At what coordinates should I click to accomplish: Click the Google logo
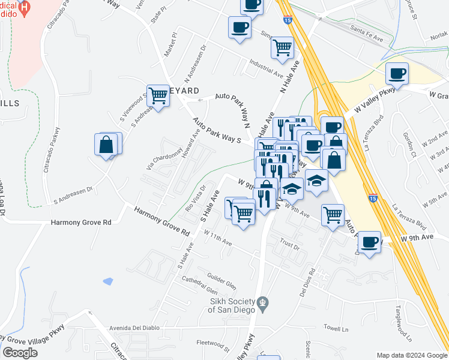[x=20, y=353]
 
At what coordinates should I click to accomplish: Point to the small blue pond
[x=108, y=280]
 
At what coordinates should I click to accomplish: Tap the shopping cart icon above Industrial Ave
[x=282, y=47]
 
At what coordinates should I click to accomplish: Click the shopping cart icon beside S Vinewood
[x=157, y=95]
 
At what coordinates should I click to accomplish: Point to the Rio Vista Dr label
[x=195, y=199]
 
